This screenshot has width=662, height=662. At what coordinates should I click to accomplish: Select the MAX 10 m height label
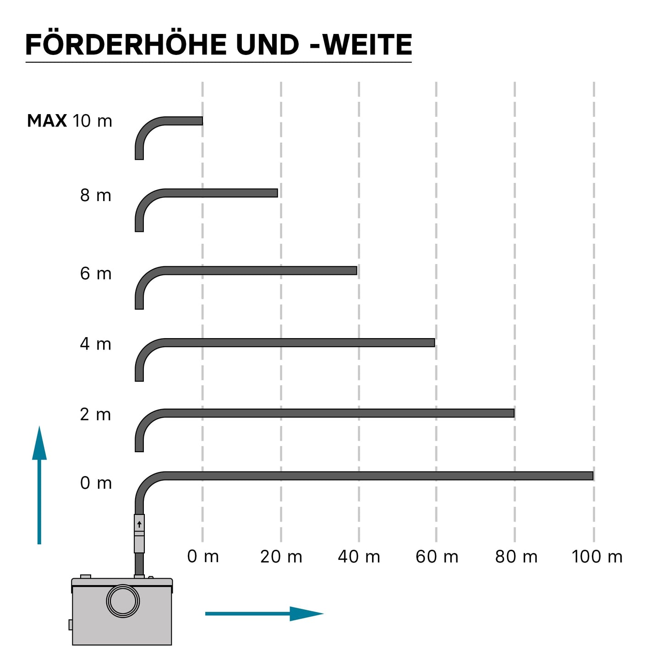pos(70,121)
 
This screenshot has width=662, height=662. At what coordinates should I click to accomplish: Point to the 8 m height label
pos(96,195)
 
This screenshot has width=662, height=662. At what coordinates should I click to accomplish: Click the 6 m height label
pos(96,274)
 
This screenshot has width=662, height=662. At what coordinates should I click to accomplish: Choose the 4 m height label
pos(96,344)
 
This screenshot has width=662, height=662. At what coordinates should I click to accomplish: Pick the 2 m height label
pos(95,414)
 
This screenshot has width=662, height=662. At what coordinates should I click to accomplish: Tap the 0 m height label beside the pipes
pos(96,483)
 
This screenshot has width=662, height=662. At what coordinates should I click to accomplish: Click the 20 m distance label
pos(281,557)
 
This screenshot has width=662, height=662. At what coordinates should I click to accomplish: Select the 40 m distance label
pos(359,557)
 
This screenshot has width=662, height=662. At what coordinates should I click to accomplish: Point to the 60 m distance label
pos(437,557)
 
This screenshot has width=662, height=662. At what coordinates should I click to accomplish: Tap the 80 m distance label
pos(516,557)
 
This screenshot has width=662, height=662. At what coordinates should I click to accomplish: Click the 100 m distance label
pos(597,557)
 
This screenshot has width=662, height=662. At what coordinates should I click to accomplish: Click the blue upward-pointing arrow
pos(39,485)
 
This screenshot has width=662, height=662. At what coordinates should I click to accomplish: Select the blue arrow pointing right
pos(264,613)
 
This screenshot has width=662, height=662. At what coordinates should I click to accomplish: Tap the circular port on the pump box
pos(123,601)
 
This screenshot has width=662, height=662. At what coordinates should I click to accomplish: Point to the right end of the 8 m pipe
pos(277,193)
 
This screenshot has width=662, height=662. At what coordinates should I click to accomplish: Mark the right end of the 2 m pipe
pos(514,413)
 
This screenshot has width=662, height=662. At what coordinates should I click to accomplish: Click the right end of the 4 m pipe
pos(435,343)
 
